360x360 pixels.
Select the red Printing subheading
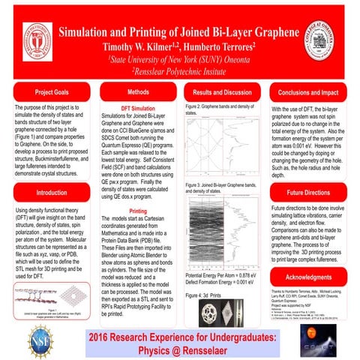[138, 211]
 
